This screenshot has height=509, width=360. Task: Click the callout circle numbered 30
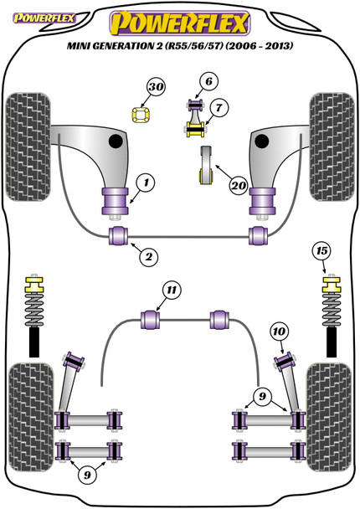tap(156, 87)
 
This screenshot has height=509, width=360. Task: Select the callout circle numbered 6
tap(208, 81)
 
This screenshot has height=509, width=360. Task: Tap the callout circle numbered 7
tap(219, 107)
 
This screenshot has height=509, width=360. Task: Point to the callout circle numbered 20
tap(239, 186)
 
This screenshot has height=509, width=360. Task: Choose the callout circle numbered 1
tap(146, 183)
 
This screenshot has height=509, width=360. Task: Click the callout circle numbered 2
tap(149, 257)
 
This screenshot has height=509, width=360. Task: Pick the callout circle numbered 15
tap(321, 251)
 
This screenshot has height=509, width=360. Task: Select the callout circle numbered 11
tap(172, 290)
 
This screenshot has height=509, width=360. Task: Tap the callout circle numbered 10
tap(279, 332)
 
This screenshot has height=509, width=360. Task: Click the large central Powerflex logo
tap(180, 23)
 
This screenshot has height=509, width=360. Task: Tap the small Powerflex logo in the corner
tap(44, 18)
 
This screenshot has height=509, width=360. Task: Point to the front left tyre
tap(28, 147)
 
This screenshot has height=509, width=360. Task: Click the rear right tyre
tap(329, 417)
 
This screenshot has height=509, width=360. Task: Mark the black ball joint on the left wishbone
tap(116, 141)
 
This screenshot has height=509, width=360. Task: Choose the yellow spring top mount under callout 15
tap(332, 285)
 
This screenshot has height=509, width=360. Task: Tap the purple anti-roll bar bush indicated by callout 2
tap(118, 236)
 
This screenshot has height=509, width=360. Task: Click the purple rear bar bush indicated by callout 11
tap(151, 320)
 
